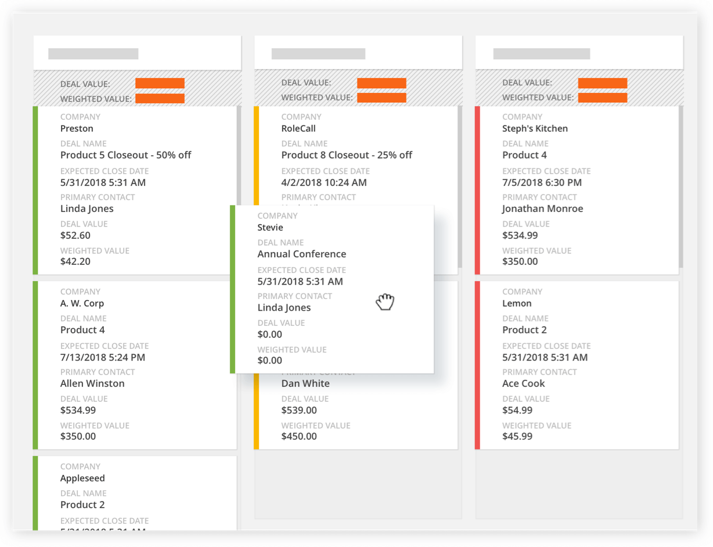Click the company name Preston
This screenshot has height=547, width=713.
pos(77,128)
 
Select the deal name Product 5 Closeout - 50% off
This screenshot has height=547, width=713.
pos(125,155)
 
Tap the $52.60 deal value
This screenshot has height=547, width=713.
pos(75,235)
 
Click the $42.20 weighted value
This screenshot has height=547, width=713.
pos(75,261)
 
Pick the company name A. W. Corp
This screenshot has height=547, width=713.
pos(82,303)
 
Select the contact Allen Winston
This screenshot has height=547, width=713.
pos(92,383)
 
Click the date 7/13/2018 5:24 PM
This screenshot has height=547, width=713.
pos(103,357)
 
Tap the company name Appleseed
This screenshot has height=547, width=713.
pos(82,478)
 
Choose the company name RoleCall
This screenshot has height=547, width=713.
pos(298,128)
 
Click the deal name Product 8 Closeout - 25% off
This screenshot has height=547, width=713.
pos(347,155)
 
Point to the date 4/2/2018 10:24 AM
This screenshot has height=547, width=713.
pos(324,182)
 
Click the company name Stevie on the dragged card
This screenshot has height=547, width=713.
pos(271,227)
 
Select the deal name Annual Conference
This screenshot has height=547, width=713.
pos(302,254)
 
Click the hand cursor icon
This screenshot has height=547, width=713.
pos(385,302)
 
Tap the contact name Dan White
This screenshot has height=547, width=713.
pos(305,383)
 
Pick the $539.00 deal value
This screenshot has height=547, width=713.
pos(299,410)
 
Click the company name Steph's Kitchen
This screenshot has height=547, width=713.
pos(535,128)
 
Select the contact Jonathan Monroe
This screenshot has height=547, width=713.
pos(542,208)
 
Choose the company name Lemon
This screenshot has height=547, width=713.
pos(517,303)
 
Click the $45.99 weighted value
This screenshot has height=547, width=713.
pos(517,436)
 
